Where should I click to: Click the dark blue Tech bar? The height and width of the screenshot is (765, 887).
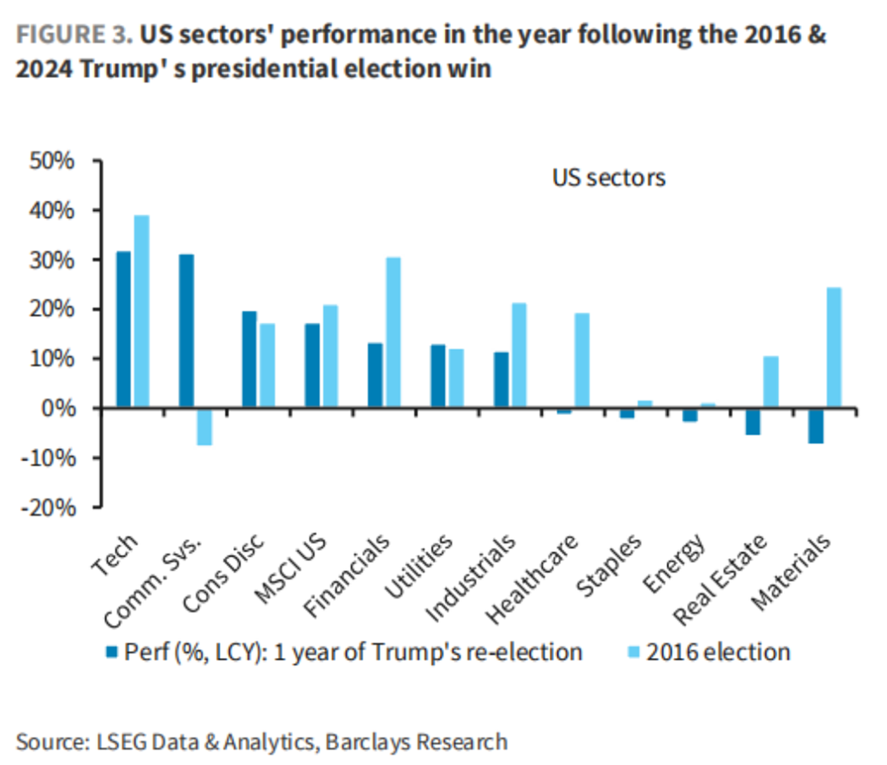[123, 329]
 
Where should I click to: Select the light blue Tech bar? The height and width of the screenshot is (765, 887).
[141, 311]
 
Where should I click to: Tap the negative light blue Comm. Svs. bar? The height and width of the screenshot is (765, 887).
[204, 426]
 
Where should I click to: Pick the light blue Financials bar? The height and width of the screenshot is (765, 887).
[393, 332]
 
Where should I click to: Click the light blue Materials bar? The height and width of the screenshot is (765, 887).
[834, 347]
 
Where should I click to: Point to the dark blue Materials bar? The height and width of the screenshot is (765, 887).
[816, 425]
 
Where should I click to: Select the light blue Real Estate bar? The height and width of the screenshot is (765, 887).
[770, 382]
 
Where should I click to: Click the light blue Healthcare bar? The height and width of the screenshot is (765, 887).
[582, 360]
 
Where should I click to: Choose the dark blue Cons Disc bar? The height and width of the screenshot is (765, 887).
[249, 360]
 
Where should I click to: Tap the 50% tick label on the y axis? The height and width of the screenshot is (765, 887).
[52, 160]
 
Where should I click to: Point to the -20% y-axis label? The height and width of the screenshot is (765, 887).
[49, 508]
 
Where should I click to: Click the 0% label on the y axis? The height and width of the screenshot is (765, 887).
[58, 408]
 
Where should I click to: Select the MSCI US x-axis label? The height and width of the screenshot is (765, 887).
[290, 568]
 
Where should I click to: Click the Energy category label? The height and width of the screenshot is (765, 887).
[675, 562]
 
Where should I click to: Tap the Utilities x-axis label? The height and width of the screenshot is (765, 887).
[419, 565]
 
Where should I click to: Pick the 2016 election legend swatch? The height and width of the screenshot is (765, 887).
[634, 652]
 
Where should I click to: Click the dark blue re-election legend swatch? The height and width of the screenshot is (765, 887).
[112, 652]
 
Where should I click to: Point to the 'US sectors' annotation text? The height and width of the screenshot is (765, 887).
[609, 178]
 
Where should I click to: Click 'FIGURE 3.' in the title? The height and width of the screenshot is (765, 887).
[74, 35]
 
